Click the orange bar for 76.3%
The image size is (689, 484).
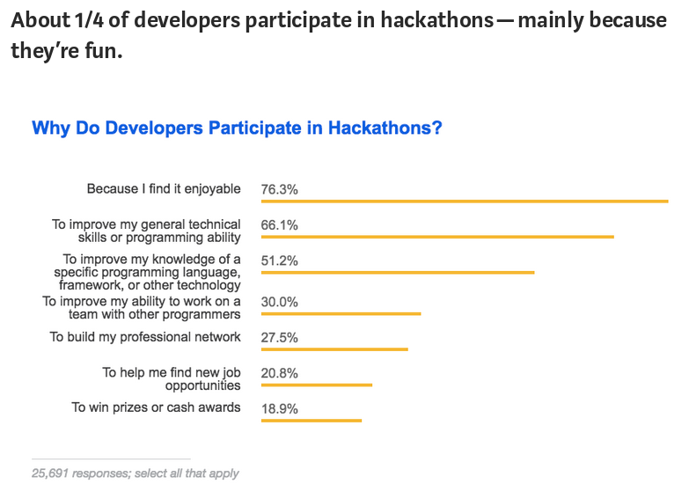pyautogui.click(x=465, y=202)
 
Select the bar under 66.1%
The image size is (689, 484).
pyautogui.click(x=437, y=237)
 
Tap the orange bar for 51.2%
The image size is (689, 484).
pyautogui.click(x=398, y=273)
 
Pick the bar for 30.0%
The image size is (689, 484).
pyautogui.click(x=341, y=314)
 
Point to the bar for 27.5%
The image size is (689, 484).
pyautogui.click(x=334, y=349)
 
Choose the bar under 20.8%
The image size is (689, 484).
pyautogui.click(x=317, y=385)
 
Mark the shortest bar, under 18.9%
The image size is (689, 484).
pyautogui.click(x=312, y=421)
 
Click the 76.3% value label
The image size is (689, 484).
pyautogui.click(x=280, y=189)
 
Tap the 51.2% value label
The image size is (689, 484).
pyautogui.click(x=280, y=260)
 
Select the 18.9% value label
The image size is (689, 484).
pyautogui.click(x=280, y=409)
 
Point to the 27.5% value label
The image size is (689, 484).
pyautogui.click(x=280, y=338)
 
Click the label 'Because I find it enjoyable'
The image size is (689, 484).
pyautogui.click(x=164, y=189)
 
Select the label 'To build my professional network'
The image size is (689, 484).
pyautogui.click(x=145, y=337)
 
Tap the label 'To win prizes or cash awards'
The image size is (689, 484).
pyautogui.click(x=156, y=407)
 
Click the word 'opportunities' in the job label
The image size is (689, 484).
pyautogui.click(x=203, y=386)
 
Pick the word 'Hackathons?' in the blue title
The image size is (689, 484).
pyautogui.click(x=385, y=128)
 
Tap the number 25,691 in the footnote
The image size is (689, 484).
pyautogui.click(x=50, y=473)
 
